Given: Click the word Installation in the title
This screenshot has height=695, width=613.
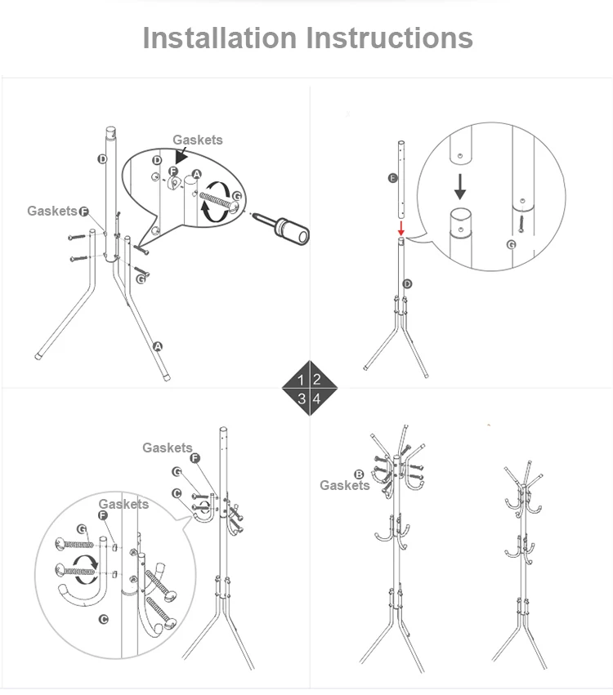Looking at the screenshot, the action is tap(220, 38).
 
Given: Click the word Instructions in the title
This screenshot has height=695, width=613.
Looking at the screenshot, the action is tap(390, 38).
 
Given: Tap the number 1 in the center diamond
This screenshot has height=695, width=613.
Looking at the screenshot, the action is tap(301, 380).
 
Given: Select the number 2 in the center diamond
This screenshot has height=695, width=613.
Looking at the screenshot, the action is tap(316, 379).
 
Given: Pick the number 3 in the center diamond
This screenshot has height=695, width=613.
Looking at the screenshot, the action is tap(302, 399).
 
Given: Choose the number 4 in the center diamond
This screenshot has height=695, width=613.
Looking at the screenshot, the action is tap(316, 399).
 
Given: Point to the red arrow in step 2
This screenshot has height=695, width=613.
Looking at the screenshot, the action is tap(401, 229).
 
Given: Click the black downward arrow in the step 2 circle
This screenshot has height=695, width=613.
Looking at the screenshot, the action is tap(460, 186).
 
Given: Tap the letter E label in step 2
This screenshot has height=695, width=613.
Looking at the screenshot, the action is tap(392, 178).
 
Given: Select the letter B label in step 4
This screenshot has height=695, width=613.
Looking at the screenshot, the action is tap(359, 474).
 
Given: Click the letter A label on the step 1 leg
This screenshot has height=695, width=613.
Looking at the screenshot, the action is tap(158, 346).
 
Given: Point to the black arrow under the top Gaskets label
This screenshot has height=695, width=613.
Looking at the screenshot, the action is tap(181, 156).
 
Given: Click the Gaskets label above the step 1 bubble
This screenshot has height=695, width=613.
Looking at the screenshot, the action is tap(197, 140).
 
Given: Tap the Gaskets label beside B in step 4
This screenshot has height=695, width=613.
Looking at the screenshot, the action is tap(345, 485).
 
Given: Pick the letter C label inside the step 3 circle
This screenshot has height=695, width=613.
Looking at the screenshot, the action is tap(103, 619).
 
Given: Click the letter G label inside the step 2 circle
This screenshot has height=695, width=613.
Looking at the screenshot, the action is tap(512, 245).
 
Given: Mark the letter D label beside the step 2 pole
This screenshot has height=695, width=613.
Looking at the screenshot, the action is tap(407, 283).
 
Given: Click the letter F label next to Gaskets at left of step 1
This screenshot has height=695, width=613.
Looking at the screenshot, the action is tap(84, 212).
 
